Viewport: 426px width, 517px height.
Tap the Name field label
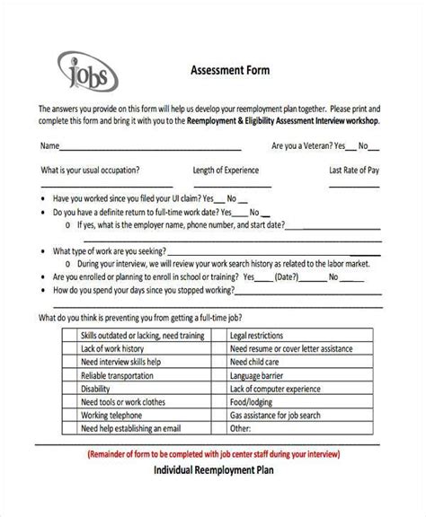tap(49, 145)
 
